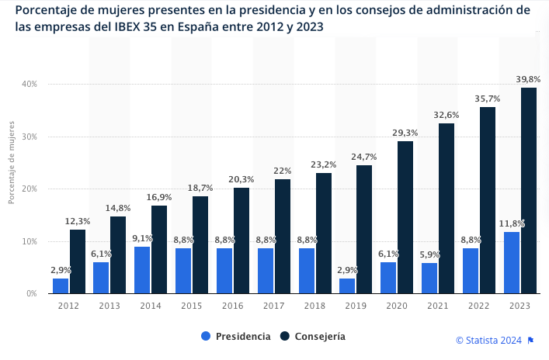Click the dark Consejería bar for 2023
pyautogui.click(x=528, y=191)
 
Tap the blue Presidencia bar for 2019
pyautogui.click(x=347, y=286)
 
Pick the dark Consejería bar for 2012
pyautogui.click(x=78, y=261)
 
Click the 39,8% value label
pyautogui.click(x=528, y=79)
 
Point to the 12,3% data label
pyautogui.click(x=78, y=221)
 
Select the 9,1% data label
pyautogui.click(x=142, y=238)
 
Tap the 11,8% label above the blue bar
pyautogui.click(x=512, y=223)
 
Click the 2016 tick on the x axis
pyautogui.click(x=233, y=306)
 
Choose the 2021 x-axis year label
pyautogui.click(x=438, y=306)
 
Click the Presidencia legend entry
pyautogui.click(x=235, y=336)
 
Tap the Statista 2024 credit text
pyautogui.click(x=488, y=340)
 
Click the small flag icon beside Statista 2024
pyautogui.click(x=530, y=340)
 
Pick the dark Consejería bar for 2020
pyautogui.click(x=405, y=217)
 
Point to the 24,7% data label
pyautogui.click(x=364, y=157)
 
